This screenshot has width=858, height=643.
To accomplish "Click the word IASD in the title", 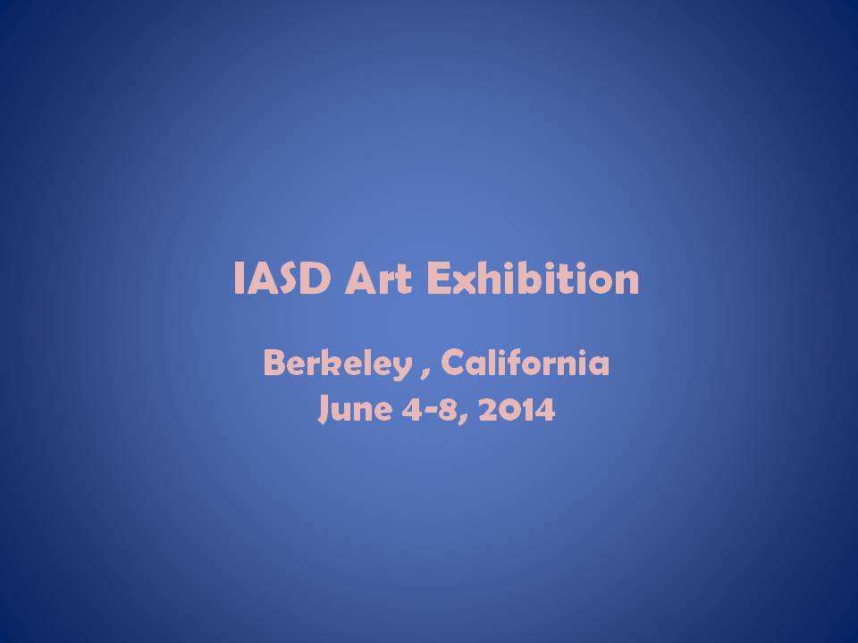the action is [x=282, y=278].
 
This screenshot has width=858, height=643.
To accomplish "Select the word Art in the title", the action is [x=377, y=278].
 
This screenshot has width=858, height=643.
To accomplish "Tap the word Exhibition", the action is [x=533, y=278].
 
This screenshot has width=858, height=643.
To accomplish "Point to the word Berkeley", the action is [x=338, y=363].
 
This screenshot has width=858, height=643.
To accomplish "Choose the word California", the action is [x=525, y=363].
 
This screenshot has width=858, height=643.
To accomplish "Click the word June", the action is [x=355, y=409].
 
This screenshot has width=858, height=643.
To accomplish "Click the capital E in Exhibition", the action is [x=437, y=278].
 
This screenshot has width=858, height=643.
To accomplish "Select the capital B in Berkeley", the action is [x=274, y=363].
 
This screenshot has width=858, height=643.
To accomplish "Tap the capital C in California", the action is [x=453, y=363].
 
